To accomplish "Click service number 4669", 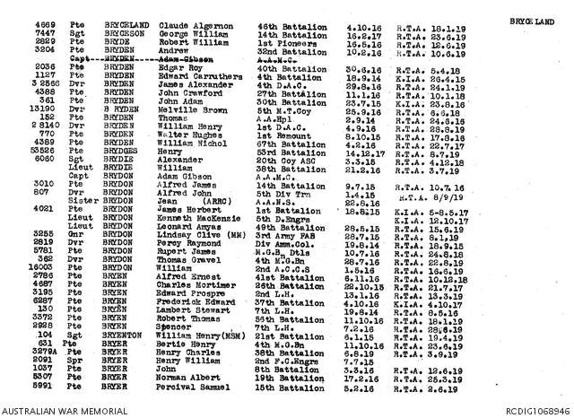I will (48, 28).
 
